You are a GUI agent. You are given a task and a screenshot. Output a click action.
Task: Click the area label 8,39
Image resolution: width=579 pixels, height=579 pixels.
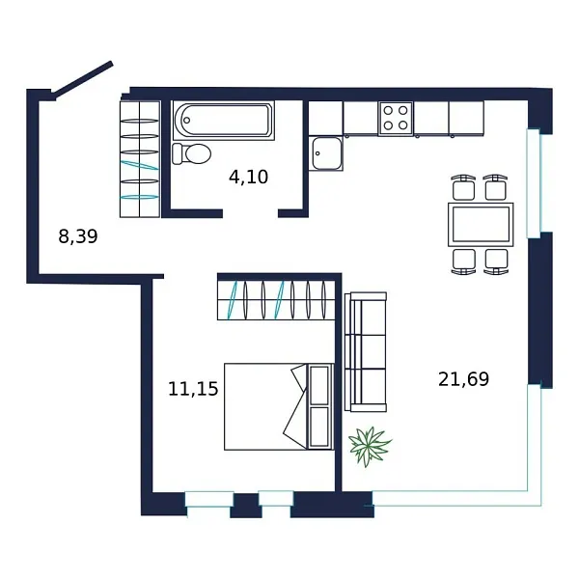78,235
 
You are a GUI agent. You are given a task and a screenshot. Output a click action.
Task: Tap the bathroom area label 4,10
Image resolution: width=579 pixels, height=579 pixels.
248,177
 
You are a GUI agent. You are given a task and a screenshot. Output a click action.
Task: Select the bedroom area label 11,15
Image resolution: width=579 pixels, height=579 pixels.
193,389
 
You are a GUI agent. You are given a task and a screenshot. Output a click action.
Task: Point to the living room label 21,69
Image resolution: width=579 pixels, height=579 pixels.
463,379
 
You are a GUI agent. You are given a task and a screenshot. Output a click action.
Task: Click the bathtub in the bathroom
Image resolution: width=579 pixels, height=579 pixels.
224,121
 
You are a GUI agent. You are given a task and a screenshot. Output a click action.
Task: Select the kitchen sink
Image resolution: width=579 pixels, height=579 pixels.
326,153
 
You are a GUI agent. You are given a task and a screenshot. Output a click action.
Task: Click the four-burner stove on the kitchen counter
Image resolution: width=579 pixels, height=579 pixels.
395,118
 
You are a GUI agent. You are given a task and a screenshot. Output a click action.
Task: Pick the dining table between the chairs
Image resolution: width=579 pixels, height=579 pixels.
480,225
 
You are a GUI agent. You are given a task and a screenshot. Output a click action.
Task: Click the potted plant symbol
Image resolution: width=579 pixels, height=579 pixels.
370,446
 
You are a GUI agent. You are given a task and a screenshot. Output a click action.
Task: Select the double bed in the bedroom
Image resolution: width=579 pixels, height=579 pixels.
265,406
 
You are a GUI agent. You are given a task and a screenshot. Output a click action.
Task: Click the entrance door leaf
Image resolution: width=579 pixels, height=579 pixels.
83,79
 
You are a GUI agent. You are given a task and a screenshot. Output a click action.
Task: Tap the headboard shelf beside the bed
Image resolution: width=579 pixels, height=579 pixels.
319,406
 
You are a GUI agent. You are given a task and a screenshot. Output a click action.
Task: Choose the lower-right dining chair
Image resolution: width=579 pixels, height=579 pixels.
496,261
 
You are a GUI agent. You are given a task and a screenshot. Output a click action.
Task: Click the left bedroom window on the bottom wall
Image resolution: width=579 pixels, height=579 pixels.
209,499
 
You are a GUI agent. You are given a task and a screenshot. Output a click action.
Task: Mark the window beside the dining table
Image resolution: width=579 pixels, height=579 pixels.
534,182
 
